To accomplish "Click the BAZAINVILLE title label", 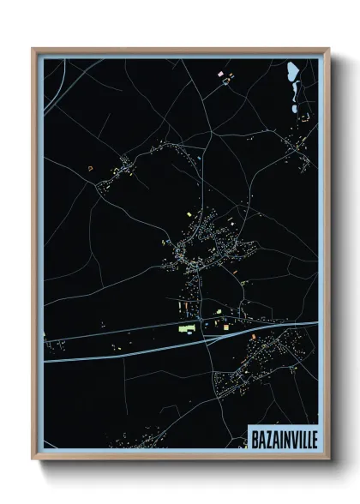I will coord(282,437).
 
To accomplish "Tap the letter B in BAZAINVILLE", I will coord(255,437).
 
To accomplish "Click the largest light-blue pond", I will coord(293,70).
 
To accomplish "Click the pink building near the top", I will coord(221,75).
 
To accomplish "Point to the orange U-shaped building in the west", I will coord(89,170).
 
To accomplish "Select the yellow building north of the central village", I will coord(190,214).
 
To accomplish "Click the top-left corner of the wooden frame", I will coord(33,49).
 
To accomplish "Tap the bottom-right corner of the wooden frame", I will coord(329,459).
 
